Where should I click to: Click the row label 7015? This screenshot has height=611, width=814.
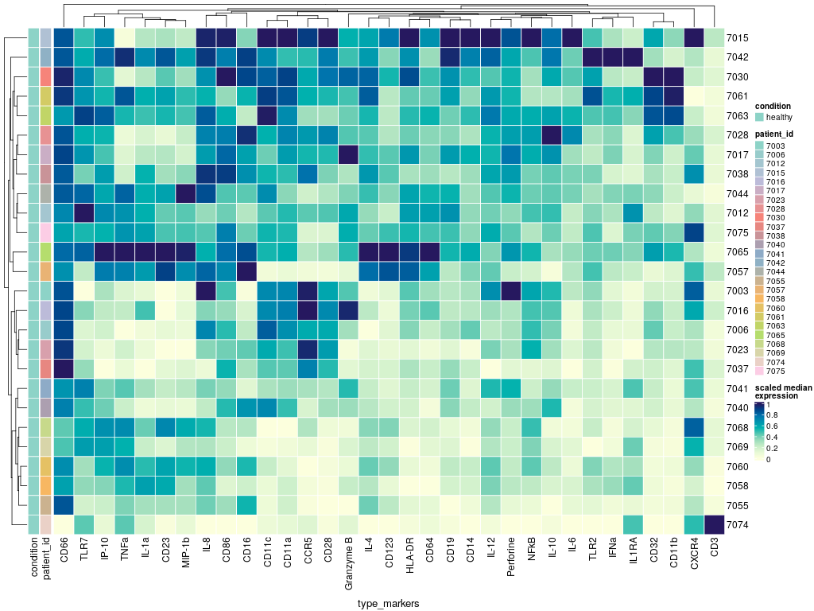tap(736, 38)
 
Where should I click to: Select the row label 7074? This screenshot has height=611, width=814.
tap(736, 524)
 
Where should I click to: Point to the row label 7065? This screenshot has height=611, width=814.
tap(736, 251)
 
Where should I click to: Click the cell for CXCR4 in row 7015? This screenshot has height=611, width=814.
tap(693, 38)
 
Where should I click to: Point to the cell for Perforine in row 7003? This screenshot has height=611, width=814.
tap(512, 290)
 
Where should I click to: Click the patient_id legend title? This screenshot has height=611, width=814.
tap(774, 134)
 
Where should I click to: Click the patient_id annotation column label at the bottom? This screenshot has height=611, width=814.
tap(46, 558)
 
